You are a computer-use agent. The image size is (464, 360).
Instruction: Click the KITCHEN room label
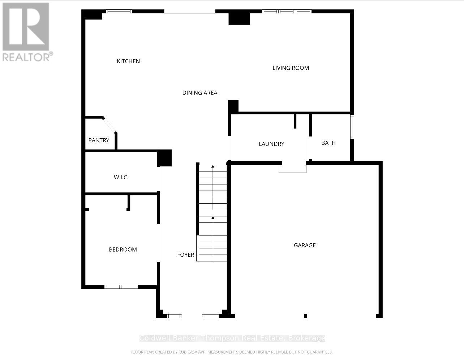point(128,61)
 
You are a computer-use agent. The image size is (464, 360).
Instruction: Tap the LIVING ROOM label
point(291,68)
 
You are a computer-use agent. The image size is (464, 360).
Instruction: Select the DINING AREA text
point(199,93)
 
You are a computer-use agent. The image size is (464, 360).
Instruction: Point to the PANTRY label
point(99,140)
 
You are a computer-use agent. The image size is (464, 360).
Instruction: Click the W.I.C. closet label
point(121,177)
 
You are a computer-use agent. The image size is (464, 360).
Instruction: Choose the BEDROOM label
point(123,250)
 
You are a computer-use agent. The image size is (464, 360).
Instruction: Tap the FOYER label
point(186,255)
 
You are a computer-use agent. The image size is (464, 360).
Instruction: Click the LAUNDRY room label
point(271,144)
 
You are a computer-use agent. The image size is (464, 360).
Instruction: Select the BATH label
point(328,143)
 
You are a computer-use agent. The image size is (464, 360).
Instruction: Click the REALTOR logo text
point(27,57)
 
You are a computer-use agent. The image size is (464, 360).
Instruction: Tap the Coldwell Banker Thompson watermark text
point(232,338)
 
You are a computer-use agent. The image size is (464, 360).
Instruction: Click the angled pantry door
point(109,125)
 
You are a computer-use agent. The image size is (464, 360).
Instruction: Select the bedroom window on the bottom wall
point(121,287)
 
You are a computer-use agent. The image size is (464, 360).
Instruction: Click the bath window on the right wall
point(352,127)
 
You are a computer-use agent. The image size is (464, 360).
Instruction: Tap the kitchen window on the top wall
point(119,12)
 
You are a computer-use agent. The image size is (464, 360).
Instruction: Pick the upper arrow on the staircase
point(213,166)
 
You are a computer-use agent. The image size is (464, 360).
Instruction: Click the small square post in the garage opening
point(305,316)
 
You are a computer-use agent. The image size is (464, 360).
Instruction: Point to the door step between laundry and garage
point(293,168)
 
